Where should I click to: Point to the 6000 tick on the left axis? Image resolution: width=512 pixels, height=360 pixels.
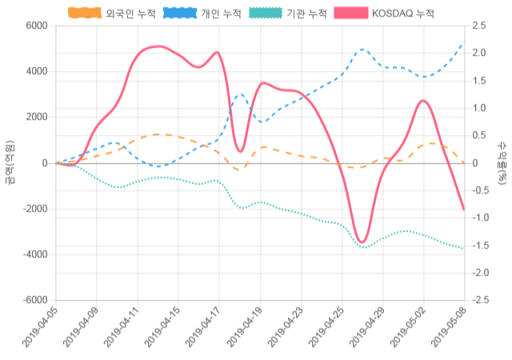pyautogui.click(x=37, y=26)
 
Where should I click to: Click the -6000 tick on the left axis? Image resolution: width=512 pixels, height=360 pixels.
pyautogui.click(x=34, y=300)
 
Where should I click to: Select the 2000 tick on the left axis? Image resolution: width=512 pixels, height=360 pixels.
pyautogui.click(x=37, y=117)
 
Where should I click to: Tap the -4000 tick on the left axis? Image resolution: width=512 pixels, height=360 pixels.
pyautogui.click(x=34, y=254)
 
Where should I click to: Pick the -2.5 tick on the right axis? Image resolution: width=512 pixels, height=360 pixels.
pyautogui.click(x=482, y=300)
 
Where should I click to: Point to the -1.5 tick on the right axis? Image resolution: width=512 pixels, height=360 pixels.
pyautogui.click(x=482, y=245)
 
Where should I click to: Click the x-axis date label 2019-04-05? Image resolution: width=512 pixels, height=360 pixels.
pyautogui.click(x=40, y=330)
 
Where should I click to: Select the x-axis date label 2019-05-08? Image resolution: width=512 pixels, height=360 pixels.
pyautogui.click(x=448, y=330)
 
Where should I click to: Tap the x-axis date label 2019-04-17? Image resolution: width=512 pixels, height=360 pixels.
pyautogui.click(x=203, y=330)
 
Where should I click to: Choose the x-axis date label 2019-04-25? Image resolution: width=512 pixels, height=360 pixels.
pyautogui.click(x=326, y=330)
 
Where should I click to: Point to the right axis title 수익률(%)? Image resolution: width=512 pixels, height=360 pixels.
pyautogui.click(x=502, y=162)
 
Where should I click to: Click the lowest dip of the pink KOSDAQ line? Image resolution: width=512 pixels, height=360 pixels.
pyautogui.click(x=362, y=242)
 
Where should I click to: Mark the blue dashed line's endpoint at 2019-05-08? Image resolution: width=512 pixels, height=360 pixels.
pyautogui.click(x=463, y=44)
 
